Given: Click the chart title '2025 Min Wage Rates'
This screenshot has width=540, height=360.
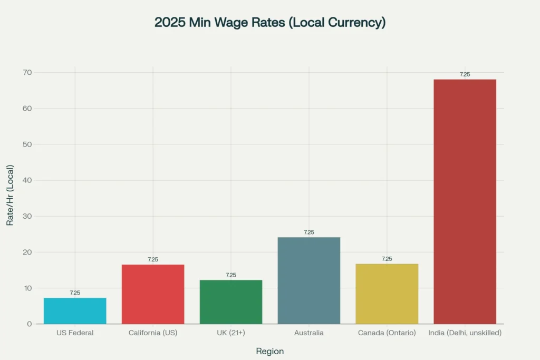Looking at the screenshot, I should tap(269, 23).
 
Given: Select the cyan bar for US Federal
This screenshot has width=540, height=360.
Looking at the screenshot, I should tap(75, 311).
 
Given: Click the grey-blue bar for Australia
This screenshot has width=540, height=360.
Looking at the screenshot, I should tap(309, 280).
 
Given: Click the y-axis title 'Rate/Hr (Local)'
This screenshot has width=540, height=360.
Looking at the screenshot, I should tap(10, 196).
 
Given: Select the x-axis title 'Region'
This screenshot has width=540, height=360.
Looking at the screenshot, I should tap(269, 351).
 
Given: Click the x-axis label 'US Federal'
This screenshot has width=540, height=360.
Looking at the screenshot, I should tap(75, 333).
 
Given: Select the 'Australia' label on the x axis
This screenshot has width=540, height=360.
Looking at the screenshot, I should tap(309, 333).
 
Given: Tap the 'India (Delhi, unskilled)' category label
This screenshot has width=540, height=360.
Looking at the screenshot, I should tap(465, 333).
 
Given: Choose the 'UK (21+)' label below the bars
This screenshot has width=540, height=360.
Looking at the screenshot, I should tap(231, 333).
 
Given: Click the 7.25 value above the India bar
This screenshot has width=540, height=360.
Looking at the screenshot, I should tap(465, 74).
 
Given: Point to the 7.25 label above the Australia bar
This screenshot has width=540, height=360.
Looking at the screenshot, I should tap(309, 232).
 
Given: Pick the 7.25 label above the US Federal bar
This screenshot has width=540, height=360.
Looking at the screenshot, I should tap(75, 293).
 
